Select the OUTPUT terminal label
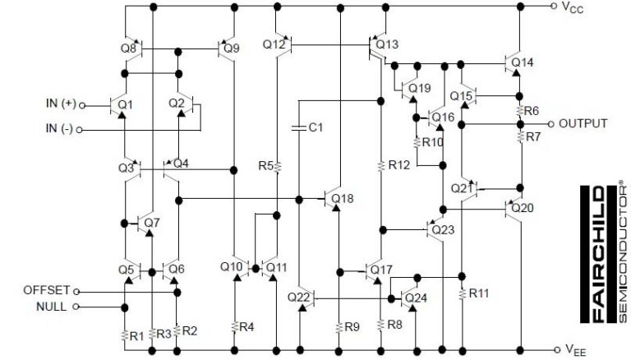tap(583, 123)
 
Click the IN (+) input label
tap(62, 104)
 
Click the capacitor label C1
tap(315, 128)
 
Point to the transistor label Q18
tap(343, 199)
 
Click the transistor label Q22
tap(299, 296)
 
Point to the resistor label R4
tap(246, 327)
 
